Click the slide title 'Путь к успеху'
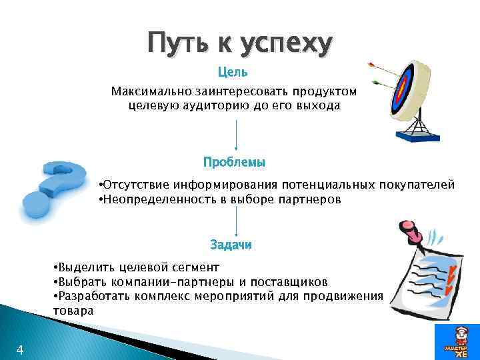point(239,44)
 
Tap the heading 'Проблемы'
point(234,162)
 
